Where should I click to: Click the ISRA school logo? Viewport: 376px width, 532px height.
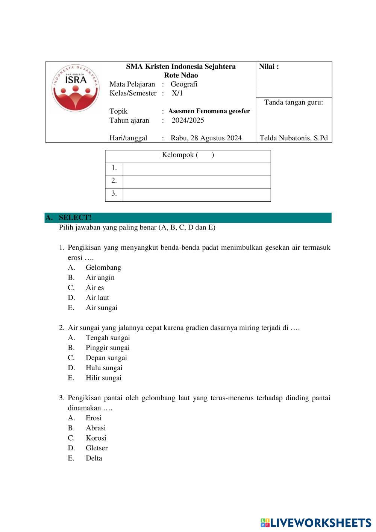point(76,88)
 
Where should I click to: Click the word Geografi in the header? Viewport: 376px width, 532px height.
point(184,84)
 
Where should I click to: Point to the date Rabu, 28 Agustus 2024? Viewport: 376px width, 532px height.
point(206,138)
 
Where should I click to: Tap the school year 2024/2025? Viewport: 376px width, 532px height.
point(188,120)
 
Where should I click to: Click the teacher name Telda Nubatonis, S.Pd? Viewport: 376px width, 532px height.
point(294,138)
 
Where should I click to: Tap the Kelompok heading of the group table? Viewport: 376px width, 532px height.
point(188,155)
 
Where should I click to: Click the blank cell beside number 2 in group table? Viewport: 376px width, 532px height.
point(197,181)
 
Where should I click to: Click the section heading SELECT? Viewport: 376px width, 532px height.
point(75,217)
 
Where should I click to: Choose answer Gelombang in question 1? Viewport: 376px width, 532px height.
point(103,268)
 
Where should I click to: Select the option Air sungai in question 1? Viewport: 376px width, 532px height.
point(102,308)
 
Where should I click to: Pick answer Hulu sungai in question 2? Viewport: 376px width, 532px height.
point(104,368)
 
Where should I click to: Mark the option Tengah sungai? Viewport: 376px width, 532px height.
point(108,338)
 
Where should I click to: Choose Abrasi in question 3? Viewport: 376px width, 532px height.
point(96,428)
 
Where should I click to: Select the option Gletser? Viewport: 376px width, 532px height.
point(97,448)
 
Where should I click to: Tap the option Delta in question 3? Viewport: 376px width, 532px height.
point(94,458)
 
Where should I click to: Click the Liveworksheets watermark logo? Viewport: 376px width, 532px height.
point(315,523)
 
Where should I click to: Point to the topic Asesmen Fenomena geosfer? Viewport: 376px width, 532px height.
point(209,111)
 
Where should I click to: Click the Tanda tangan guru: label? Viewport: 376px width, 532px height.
point(294,102)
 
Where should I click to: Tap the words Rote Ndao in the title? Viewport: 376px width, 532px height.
point(181,75)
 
